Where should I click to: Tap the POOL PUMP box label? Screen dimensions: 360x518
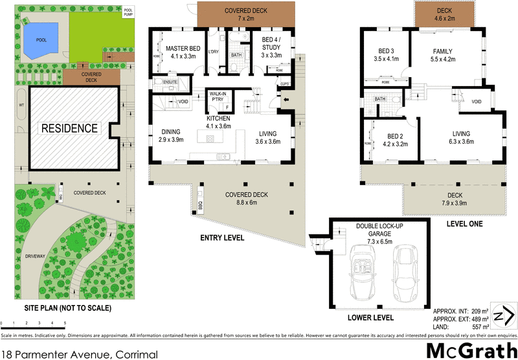tap(129, 13)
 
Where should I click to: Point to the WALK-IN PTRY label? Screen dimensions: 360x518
tap(216, 98)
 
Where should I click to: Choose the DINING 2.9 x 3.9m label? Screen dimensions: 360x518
tap(172, 135)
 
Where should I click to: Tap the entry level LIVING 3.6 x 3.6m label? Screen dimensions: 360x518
tap(267, 137)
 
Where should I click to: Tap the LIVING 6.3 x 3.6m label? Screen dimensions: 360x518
tap(460, 138)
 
